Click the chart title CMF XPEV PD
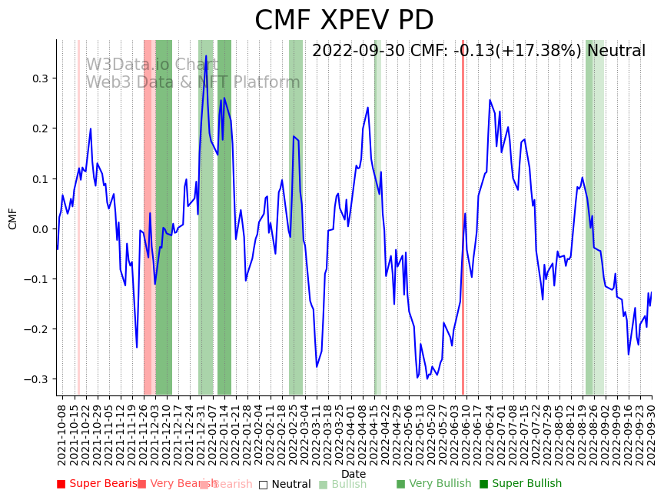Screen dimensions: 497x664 344,21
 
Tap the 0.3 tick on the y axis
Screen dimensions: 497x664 38,78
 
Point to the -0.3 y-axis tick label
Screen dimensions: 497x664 36,379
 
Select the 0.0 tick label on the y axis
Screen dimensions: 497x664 38,228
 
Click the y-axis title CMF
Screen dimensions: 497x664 13,218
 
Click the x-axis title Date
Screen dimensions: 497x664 354,474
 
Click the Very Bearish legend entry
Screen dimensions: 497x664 173,484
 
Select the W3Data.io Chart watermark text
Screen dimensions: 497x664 152,65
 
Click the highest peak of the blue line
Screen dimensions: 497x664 205,55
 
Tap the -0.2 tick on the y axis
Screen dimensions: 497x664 36,329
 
